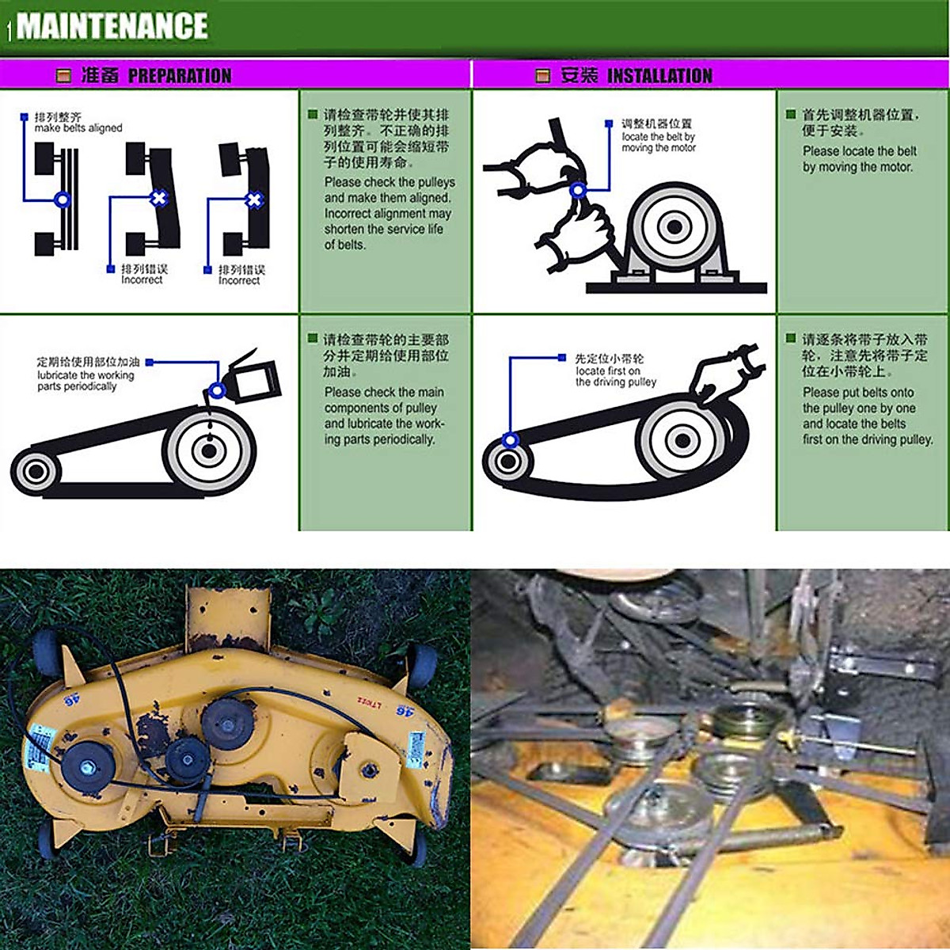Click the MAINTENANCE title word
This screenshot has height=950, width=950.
click(112, 26)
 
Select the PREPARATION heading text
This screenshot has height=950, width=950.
click(179, 76)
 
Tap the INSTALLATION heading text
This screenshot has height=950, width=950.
click(659, 76)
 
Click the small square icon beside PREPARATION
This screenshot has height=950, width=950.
click(64, 76)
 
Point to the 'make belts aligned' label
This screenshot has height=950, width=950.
click(78, 127)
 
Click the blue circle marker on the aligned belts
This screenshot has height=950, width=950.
click(62, 199)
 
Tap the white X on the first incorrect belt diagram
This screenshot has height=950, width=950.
click(158, 198)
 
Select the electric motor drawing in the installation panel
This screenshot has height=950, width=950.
click(674, 229)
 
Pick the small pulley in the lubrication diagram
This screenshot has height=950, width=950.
click(35, 472)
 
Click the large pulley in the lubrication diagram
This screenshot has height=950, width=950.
click(209, 450)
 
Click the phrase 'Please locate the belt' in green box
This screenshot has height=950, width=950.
click(859, 151)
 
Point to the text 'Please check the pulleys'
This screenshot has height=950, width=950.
click(389, 182)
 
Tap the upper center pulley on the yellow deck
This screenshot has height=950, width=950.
click(226, 724)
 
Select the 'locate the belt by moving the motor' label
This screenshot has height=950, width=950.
click(658, 142)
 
